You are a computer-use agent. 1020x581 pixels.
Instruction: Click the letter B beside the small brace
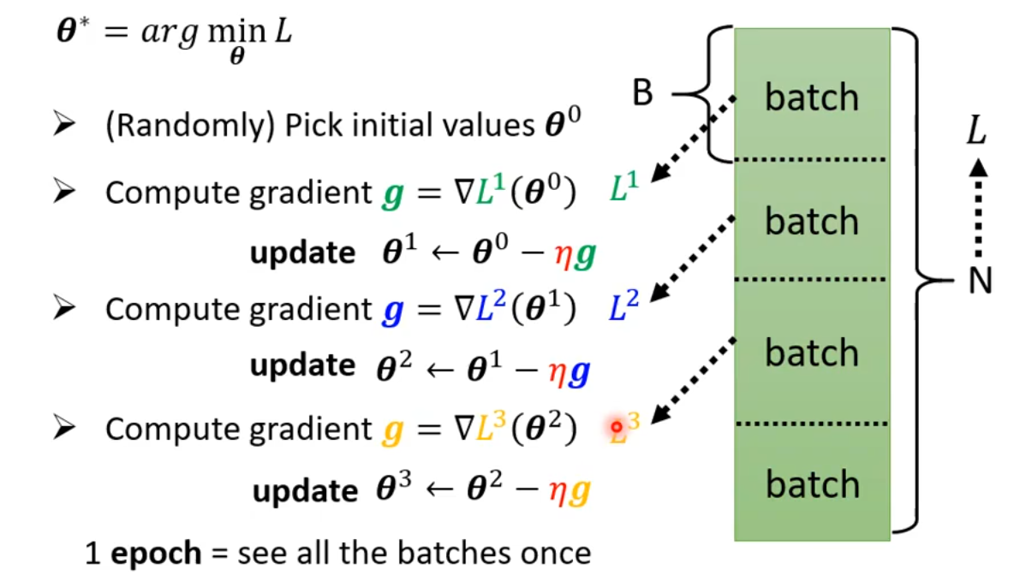(x=643, y=93)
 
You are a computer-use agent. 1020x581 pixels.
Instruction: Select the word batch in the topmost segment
(x=811, y=98)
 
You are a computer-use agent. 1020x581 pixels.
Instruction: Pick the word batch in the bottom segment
(x=811, y=484)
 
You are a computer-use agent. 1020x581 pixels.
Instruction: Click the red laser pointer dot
(x=616, y=425)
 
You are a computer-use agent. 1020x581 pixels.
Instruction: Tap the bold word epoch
(x=156, y=553)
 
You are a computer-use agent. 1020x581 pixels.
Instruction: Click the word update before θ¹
(x=302, y=252)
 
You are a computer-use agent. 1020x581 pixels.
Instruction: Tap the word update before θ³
(x=304, y=490)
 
